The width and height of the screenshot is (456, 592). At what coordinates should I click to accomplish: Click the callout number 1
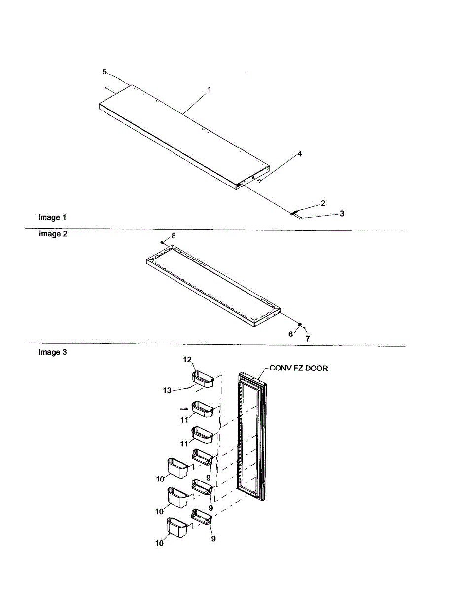pos(210,90)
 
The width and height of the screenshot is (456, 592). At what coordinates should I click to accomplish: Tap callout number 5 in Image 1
pos(105,72)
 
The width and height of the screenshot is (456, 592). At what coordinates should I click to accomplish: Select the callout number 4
pos(299,154)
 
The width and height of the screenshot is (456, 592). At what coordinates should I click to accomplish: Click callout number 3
pos(342,214)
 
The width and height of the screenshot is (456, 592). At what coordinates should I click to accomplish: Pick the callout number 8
pos(173,236)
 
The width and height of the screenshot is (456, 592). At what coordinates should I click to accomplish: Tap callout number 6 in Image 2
pos(290,334)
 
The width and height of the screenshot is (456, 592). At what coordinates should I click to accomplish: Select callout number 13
pos(168,390)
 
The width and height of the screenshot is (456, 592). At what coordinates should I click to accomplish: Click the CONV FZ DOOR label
pos(298,368)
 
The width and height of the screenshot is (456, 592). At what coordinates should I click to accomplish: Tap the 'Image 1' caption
pos(52,217)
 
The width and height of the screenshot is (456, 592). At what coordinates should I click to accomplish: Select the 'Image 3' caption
pos(52,352)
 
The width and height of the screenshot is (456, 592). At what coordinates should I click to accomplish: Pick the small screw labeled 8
pos(162,242)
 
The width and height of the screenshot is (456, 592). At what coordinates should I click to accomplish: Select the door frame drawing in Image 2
pos(212,286)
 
